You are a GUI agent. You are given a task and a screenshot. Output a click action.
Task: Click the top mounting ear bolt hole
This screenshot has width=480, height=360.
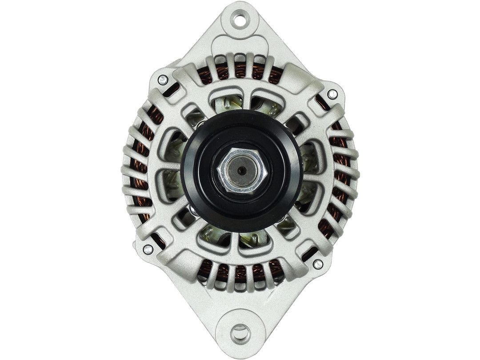click(x=240, y=20)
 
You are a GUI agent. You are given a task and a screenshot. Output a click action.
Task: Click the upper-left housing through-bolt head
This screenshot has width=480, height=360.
click(x=163, y=80)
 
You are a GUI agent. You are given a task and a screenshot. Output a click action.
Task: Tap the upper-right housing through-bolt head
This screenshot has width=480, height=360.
click(x=332, y=94)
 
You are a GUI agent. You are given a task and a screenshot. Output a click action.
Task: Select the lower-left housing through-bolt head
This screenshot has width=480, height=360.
click(x=148, y=249)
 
